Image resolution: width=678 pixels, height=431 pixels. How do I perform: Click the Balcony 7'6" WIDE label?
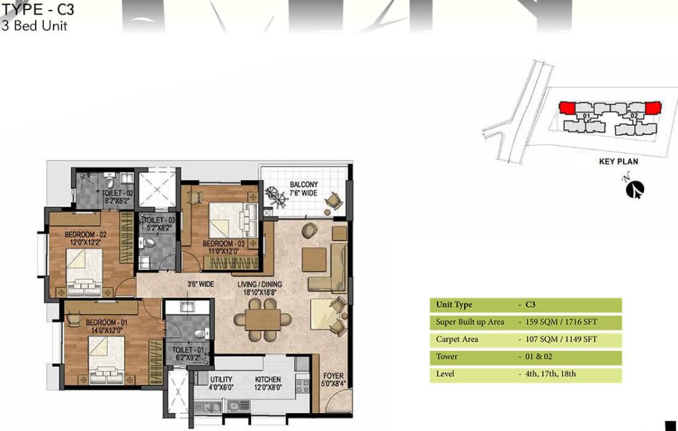(x=303, y=189)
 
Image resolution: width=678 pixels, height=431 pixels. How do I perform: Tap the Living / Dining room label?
(x=260, y=288)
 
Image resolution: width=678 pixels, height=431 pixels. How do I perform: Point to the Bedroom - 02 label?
(x=85, y=238)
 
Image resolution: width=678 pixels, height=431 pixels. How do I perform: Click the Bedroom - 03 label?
(x=224, y=247)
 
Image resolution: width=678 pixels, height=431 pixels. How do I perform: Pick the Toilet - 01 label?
(x=187, y=354)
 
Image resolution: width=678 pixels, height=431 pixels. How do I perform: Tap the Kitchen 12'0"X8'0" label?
(x=268, y=383)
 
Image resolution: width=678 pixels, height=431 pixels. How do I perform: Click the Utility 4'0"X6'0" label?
(x=221, y=383)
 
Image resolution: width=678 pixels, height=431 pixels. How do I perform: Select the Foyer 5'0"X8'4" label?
(x=333, y=379)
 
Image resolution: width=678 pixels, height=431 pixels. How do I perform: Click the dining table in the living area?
(x=262, y=320)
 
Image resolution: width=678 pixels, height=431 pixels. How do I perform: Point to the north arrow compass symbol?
(x=635, y=189)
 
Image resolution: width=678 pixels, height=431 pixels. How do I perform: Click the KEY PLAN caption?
(x=618, y=162)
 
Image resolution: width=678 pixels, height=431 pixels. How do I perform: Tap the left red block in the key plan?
(x=567, y=108)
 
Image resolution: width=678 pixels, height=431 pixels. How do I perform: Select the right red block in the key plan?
(x=653, y=108)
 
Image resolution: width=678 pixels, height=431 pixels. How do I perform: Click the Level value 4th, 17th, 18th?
(x=550, y=374)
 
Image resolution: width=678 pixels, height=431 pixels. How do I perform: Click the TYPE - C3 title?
(x=38, y=9)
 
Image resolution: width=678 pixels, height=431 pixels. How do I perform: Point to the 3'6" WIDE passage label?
(x=201, y=285)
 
